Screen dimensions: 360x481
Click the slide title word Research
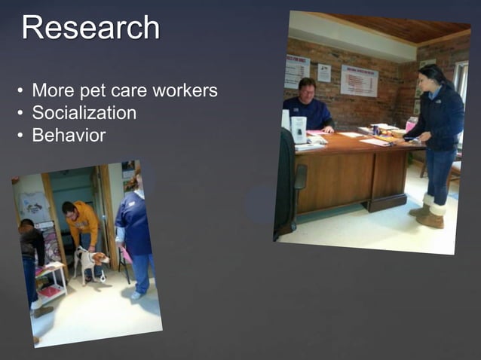[90, 28]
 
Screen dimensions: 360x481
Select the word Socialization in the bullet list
[84, 114]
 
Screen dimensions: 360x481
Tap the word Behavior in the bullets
[69, 136]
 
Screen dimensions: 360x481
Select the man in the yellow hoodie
[81, 226]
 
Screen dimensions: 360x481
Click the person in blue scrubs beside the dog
[136, 233]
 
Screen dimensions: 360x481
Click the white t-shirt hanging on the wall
[34, 206]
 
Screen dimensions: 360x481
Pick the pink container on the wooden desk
[412, 124]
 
